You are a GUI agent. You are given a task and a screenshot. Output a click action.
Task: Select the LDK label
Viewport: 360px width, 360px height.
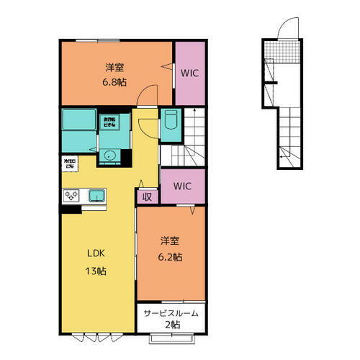pyautogui.click(x=97, y=254)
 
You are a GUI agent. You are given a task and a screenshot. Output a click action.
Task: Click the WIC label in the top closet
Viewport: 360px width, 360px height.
pyautogui.click(x=190, y=73)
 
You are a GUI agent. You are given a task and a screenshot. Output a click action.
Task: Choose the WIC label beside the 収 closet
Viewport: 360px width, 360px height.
pyautogui.click(x=182, y=186)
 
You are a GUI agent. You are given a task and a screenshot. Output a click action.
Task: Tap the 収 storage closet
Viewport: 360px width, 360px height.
pyautogui.click(x=147, y=195)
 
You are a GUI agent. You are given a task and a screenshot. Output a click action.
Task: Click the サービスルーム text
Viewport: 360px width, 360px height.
pyautogui.click(x=171, y=314)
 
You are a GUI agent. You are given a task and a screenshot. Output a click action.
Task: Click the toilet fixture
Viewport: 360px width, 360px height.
pyautogui.click(x=171, y=125)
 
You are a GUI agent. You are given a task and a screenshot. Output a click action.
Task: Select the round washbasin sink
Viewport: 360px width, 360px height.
pyautogui.click(x=110, y=155)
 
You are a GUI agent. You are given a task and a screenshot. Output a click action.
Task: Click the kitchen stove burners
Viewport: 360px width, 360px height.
pyautogui.click(x=74, y=195)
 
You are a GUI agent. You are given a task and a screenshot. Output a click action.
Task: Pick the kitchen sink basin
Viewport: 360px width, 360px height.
pyautogui.click(x=96, y=195)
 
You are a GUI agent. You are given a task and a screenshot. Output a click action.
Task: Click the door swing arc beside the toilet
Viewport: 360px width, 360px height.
pyautogui.click(x=147, y=123)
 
